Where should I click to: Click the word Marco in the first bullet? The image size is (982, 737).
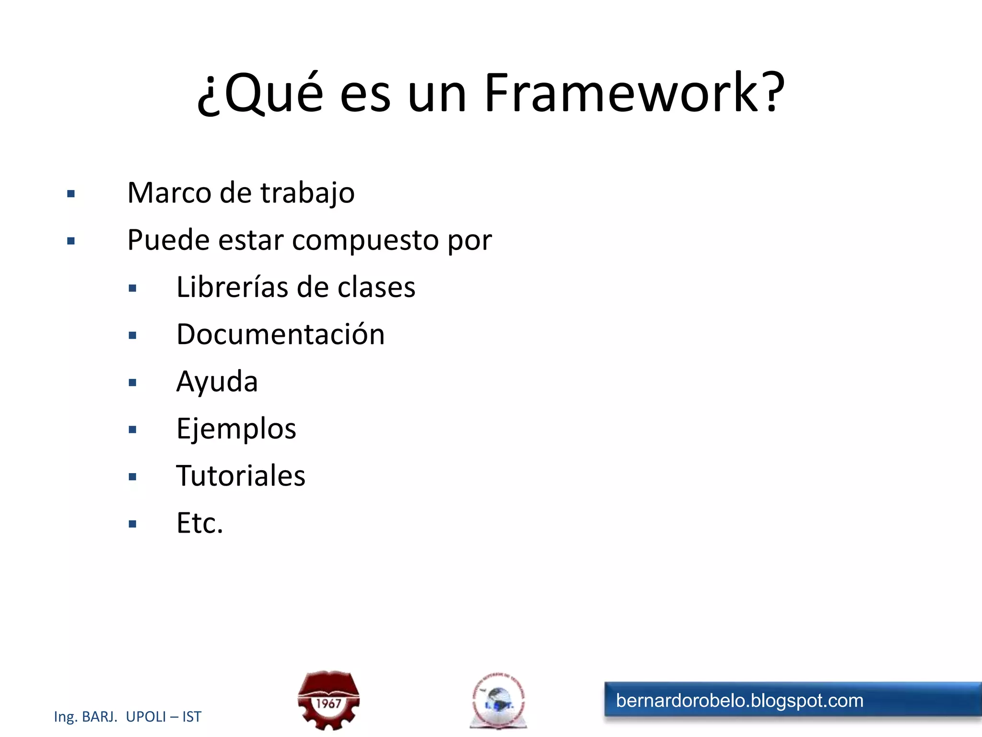pos(169,193)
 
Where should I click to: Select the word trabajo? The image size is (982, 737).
pos(307,194)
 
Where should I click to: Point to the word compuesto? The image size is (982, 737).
pos(365,241)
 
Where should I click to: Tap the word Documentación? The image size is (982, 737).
pos(281,334)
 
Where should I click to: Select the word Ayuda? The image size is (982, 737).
pos(217,382)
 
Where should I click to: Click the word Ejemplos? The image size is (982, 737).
pos(236,429)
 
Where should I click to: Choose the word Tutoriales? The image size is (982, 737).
pos(241,476)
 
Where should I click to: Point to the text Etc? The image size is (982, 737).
pos(199,523)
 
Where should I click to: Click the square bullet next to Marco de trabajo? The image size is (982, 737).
pos(71,194)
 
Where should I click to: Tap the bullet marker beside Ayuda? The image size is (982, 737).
pos(133,382)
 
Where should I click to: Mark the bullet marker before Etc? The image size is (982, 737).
pos(133,524)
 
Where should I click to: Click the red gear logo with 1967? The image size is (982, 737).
pos(328,701)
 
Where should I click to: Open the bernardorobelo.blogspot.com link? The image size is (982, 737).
pos(739,701)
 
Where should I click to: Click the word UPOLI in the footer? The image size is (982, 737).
pos(146,716)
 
